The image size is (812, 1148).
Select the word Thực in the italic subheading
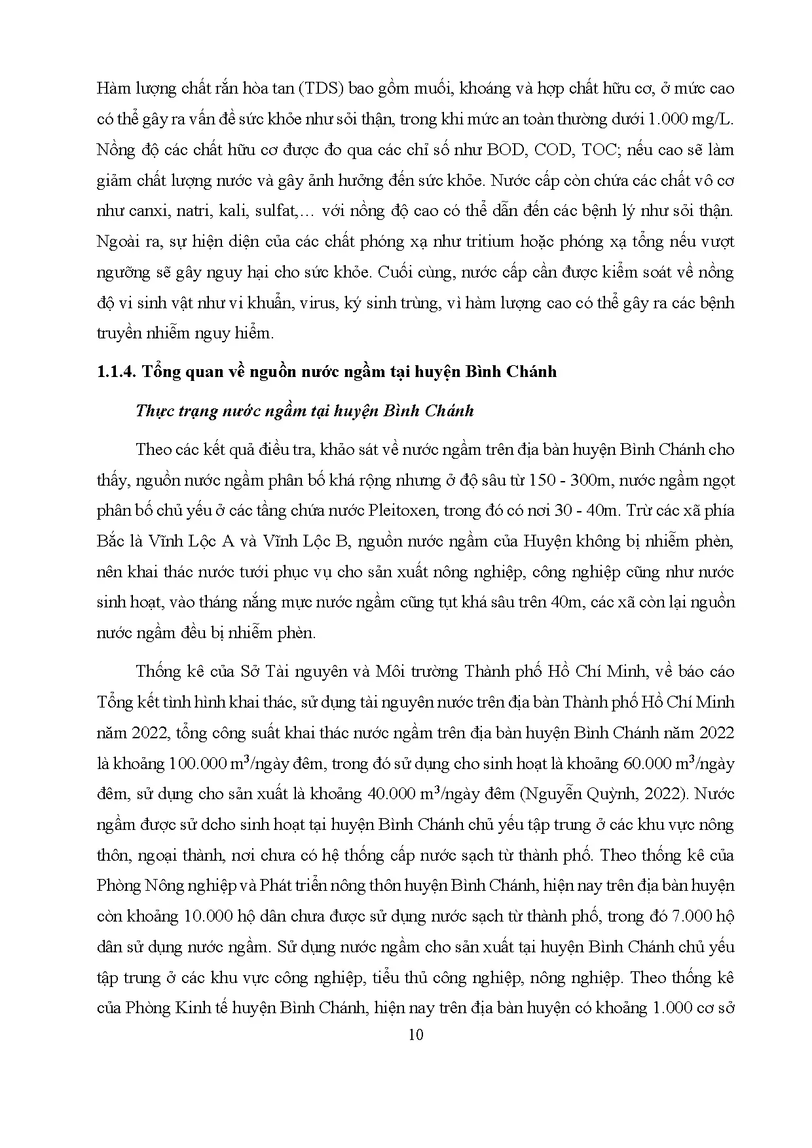point(153,412)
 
